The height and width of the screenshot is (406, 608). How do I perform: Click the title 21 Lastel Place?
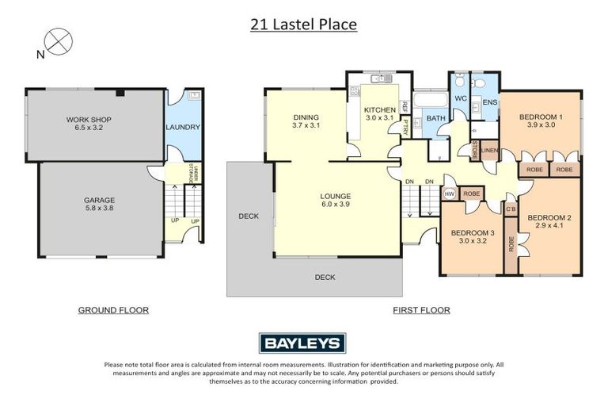[x=303, y=25]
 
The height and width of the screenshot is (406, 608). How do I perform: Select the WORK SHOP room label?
[x=89, y=124]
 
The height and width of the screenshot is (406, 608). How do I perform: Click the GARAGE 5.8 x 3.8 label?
[x=100, y=205]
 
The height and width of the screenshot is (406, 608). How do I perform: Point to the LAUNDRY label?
[x=183, y=127]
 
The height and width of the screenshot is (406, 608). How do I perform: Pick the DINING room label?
[x=305, y=121]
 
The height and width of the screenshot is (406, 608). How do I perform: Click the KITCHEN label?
[x=378, y=113]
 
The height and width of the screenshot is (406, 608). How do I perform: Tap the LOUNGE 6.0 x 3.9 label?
[x=336, y=200]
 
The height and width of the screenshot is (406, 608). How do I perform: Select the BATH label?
[x=436, y=119]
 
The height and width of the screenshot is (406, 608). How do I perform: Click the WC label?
[x=462, y=101]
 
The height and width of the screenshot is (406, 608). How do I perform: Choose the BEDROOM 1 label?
[x=541, y=121]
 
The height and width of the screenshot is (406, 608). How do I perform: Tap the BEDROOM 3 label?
[x=473, y=237]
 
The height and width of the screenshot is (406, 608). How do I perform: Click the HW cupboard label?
[x=450, y=193]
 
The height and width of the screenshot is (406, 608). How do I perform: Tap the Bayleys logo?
[x=302, y=343]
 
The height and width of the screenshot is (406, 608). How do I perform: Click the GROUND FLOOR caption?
[x=112, y=310]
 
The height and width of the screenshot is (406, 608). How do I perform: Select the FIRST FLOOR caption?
[x=421, y=310]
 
